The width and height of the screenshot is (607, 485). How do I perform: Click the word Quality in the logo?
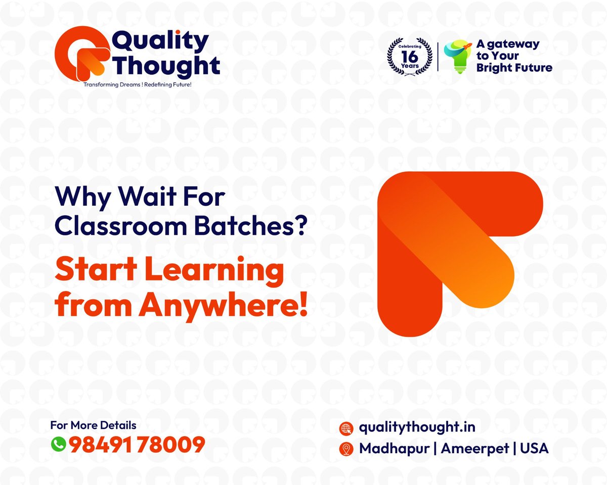[x=160, y=42]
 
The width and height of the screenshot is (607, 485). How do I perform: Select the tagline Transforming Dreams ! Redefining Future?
[x=137, y=84]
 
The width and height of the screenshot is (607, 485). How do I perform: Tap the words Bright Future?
[x=514, y=68]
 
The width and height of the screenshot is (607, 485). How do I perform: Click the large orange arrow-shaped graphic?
[x=455, y=253]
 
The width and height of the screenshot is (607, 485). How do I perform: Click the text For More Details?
[x=93, y=425]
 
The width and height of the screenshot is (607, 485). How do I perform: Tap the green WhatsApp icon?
[x=59, y=445]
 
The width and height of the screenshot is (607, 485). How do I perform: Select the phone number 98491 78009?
[x=137, y=445]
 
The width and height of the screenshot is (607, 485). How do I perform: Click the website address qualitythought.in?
[x=417, y=427]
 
